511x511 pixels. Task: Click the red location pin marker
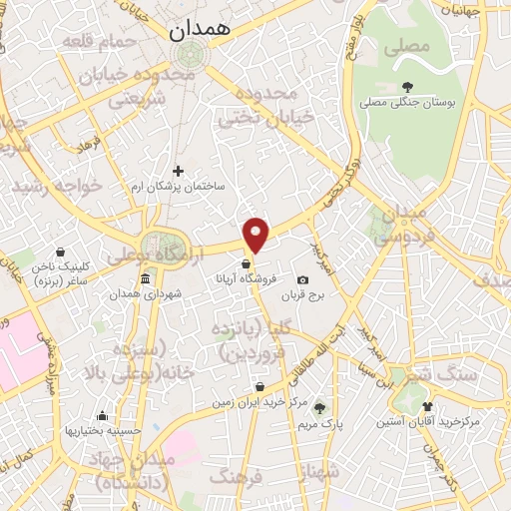[256, 234]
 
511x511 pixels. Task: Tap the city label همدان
[199, 30]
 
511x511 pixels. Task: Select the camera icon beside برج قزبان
[303, 280]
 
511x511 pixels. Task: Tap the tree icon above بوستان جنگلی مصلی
[406, 86]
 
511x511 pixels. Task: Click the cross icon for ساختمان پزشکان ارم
[180, 171]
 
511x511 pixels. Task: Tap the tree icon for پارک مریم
[319, 407]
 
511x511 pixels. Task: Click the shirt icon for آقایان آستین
[427, 406]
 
